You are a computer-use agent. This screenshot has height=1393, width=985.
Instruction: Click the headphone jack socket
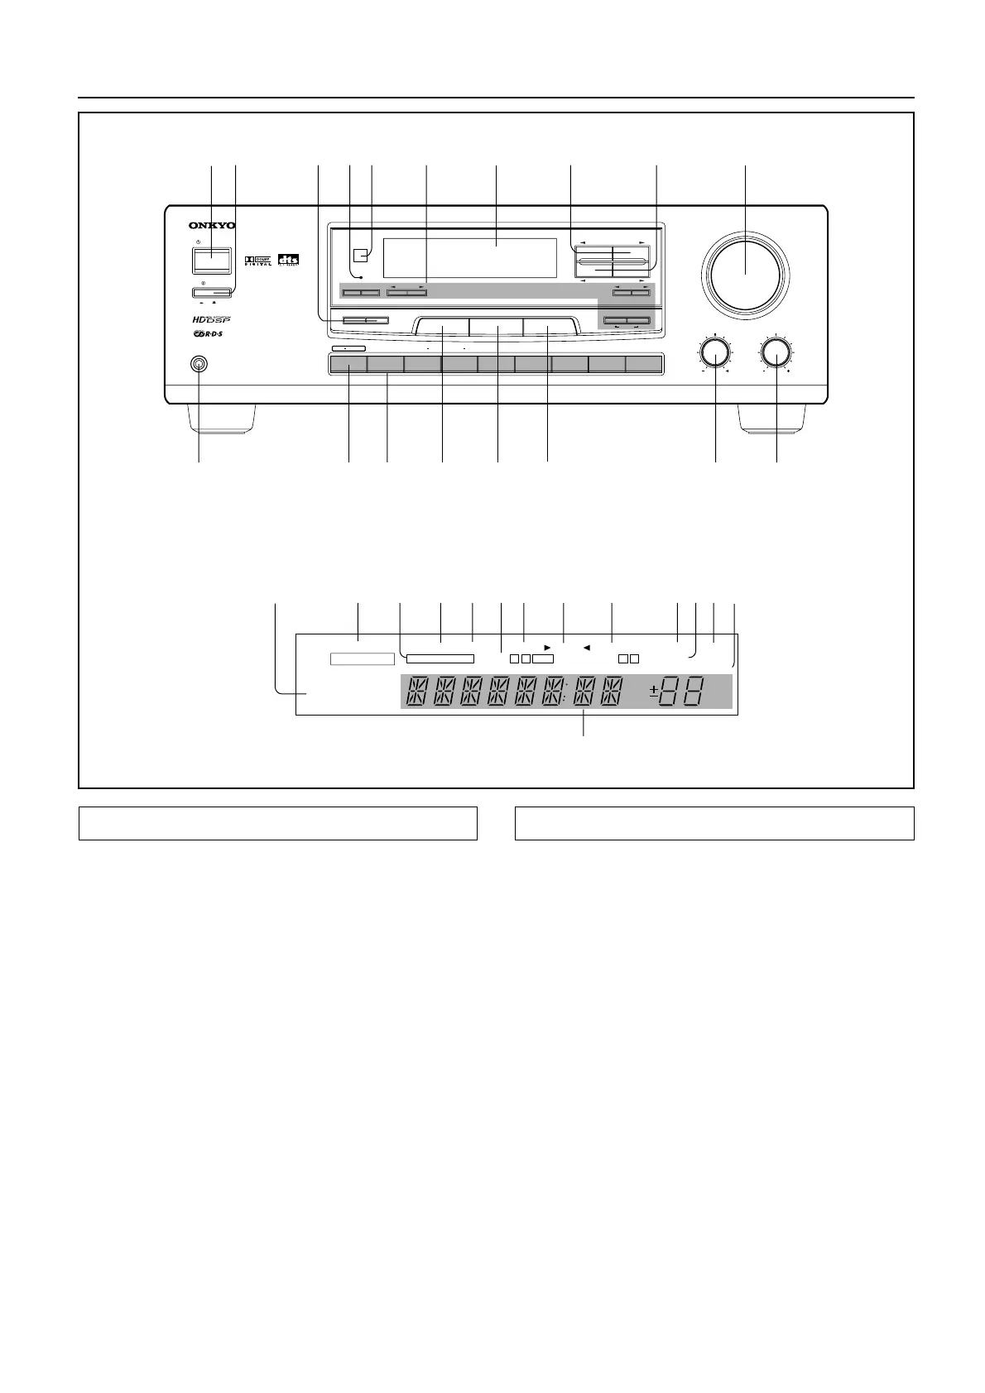(199, 364)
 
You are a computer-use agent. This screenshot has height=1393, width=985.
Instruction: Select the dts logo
(288, 260)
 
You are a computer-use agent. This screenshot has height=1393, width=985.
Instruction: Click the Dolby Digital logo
(259, 261)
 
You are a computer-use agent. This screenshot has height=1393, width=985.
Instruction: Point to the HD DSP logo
(211, 319)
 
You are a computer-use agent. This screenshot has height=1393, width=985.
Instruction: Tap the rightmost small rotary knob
(776, 353)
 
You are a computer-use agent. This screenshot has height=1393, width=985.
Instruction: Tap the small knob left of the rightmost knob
(714, 353)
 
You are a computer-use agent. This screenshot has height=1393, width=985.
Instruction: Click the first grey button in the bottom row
(348, 364)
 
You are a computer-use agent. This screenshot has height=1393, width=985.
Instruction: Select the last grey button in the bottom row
(644, 364)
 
